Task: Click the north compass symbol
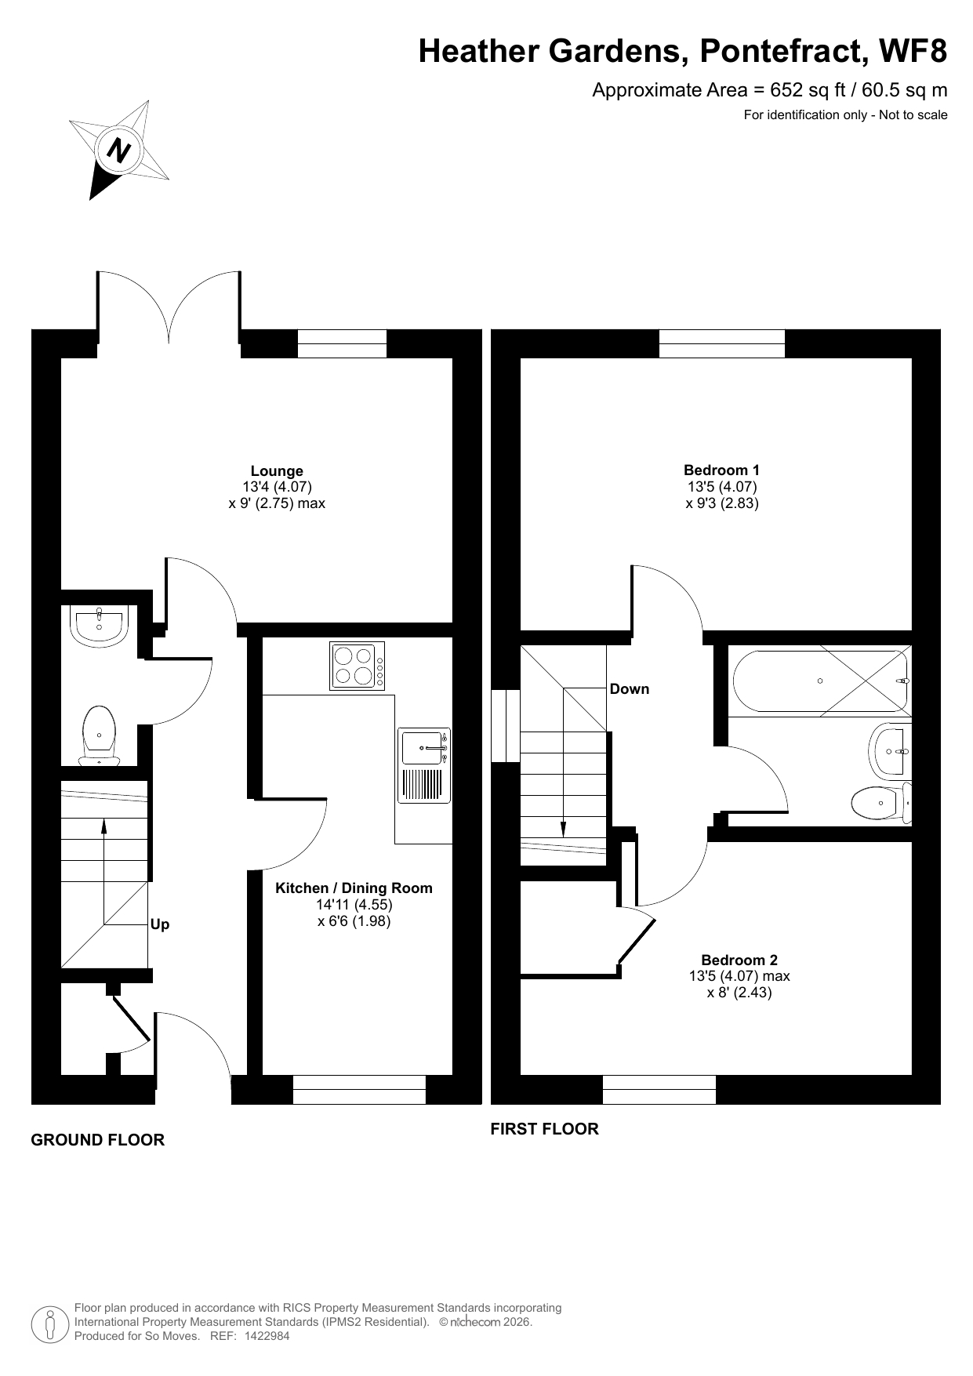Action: pos(119,149)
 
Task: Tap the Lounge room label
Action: pos(277,471)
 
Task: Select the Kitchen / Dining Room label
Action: pos(354,888)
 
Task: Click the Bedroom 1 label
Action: pos(721,470)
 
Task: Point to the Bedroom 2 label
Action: pos(739,960)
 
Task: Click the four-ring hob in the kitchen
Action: pos(358,666)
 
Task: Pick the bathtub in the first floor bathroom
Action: pos(821,681)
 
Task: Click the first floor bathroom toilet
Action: pos(881,803)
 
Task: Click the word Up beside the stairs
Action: pos(160,924)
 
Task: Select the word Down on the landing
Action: pos(630,689)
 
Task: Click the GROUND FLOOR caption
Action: pos(98,1140)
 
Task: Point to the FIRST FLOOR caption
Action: pos(544,1129)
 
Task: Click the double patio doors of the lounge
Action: pos(169,310)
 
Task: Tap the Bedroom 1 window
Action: pos(721,343)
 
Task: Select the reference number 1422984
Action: pos(267,1336)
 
